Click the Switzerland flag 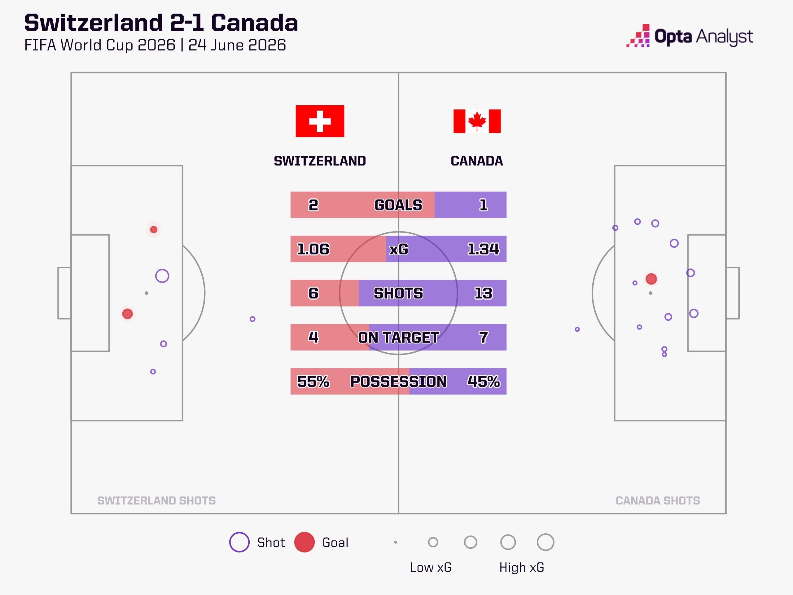[x=320, y=121]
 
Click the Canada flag [x=477, y=121]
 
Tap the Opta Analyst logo [x=690, y=36]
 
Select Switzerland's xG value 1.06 [x=313, y=249]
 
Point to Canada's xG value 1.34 [x=483, y=249]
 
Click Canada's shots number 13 [x=483, y=293]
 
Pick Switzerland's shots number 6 [x=313, y=293]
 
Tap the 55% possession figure [x=313, y=381]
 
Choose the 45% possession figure [x=483, y=381]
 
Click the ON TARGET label [x=398, y=337]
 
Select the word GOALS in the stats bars [x=398, y=205]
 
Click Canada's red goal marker [x=651, y=279]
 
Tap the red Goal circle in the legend [x=304, y=542]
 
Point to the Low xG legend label [x=431, y=567]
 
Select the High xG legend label [x=522, y=567]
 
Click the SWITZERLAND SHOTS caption [x=156, y=500]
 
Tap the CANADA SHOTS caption [x=658, y=500]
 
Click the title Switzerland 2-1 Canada [x=161, y=23]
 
